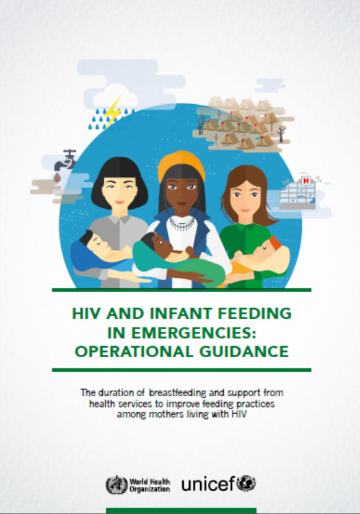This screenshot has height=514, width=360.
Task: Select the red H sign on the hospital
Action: [306, 180]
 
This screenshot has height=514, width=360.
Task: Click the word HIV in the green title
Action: [86, 313]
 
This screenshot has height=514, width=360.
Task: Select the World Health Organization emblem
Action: [116, 485]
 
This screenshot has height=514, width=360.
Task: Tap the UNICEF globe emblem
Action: [246, 484]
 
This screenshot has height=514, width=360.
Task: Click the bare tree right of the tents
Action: [281, 134]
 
